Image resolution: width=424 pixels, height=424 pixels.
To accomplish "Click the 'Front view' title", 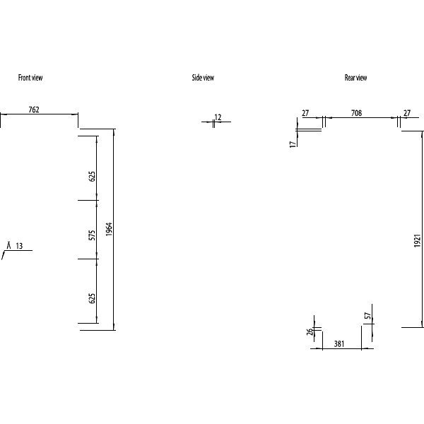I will [x=30, y=78].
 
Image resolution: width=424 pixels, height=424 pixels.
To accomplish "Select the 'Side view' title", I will [x=203, y=78].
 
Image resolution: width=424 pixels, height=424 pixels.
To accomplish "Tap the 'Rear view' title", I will [x=355, y=78].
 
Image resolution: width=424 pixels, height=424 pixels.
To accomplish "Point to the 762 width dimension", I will [x=34, y=110].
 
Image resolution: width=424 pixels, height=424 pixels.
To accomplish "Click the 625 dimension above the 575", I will [x=92, y=176].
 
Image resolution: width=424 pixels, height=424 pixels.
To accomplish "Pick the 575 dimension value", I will [x=92, y=235].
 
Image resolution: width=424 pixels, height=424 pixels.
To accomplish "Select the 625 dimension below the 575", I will [x=92, y=298].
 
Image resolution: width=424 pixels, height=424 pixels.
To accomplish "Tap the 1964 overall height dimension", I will [x=109, y=230].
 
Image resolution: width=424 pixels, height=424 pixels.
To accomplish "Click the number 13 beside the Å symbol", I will [x=19, y=246].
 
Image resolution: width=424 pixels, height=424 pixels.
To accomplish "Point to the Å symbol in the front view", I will [x=8, y=245].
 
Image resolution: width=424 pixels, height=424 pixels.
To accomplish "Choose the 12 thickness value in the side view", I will [x=218, y=117].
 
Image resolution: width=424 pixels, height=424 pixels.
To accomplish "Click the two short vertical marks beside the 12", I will [x=213, y=123].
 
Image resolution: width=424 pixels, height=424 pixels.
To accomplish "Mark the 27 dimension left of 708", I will [x=305, y=113].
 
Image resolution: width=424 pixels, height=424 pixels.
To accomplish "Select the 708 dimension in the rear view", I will [x=356, y=113].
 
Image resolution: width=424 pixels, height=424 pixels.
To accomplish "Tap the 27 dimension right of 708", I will [x=407, y=113].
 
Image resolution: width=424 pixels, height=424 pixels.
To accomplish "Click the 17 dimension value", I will [x=293, y=143].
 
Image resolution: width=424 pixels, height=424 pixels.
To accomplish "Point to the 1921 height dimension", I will [x=418, y=241].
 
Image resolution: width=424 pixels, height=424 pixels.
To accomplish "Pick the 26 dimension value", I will [x=310, y=334].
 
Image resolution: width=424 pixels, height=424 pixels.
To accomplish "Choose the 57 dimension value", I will [x=367, y=316].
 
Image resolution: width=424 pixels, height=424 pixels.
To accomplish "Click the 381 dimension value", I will [x=338, y=344].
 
